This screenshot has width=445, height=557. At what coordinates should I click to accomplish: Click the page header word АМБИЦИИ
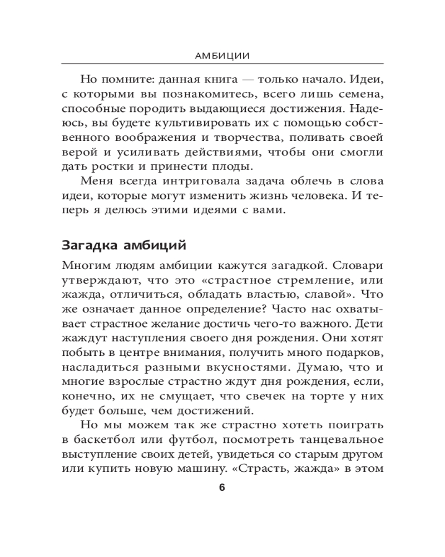(x=222, y=56)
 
